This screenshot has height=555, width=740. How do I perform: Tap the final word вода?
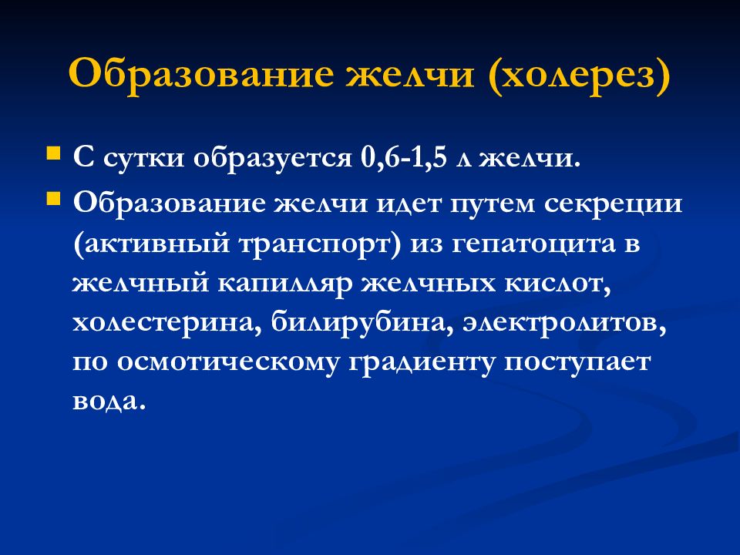108,403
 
